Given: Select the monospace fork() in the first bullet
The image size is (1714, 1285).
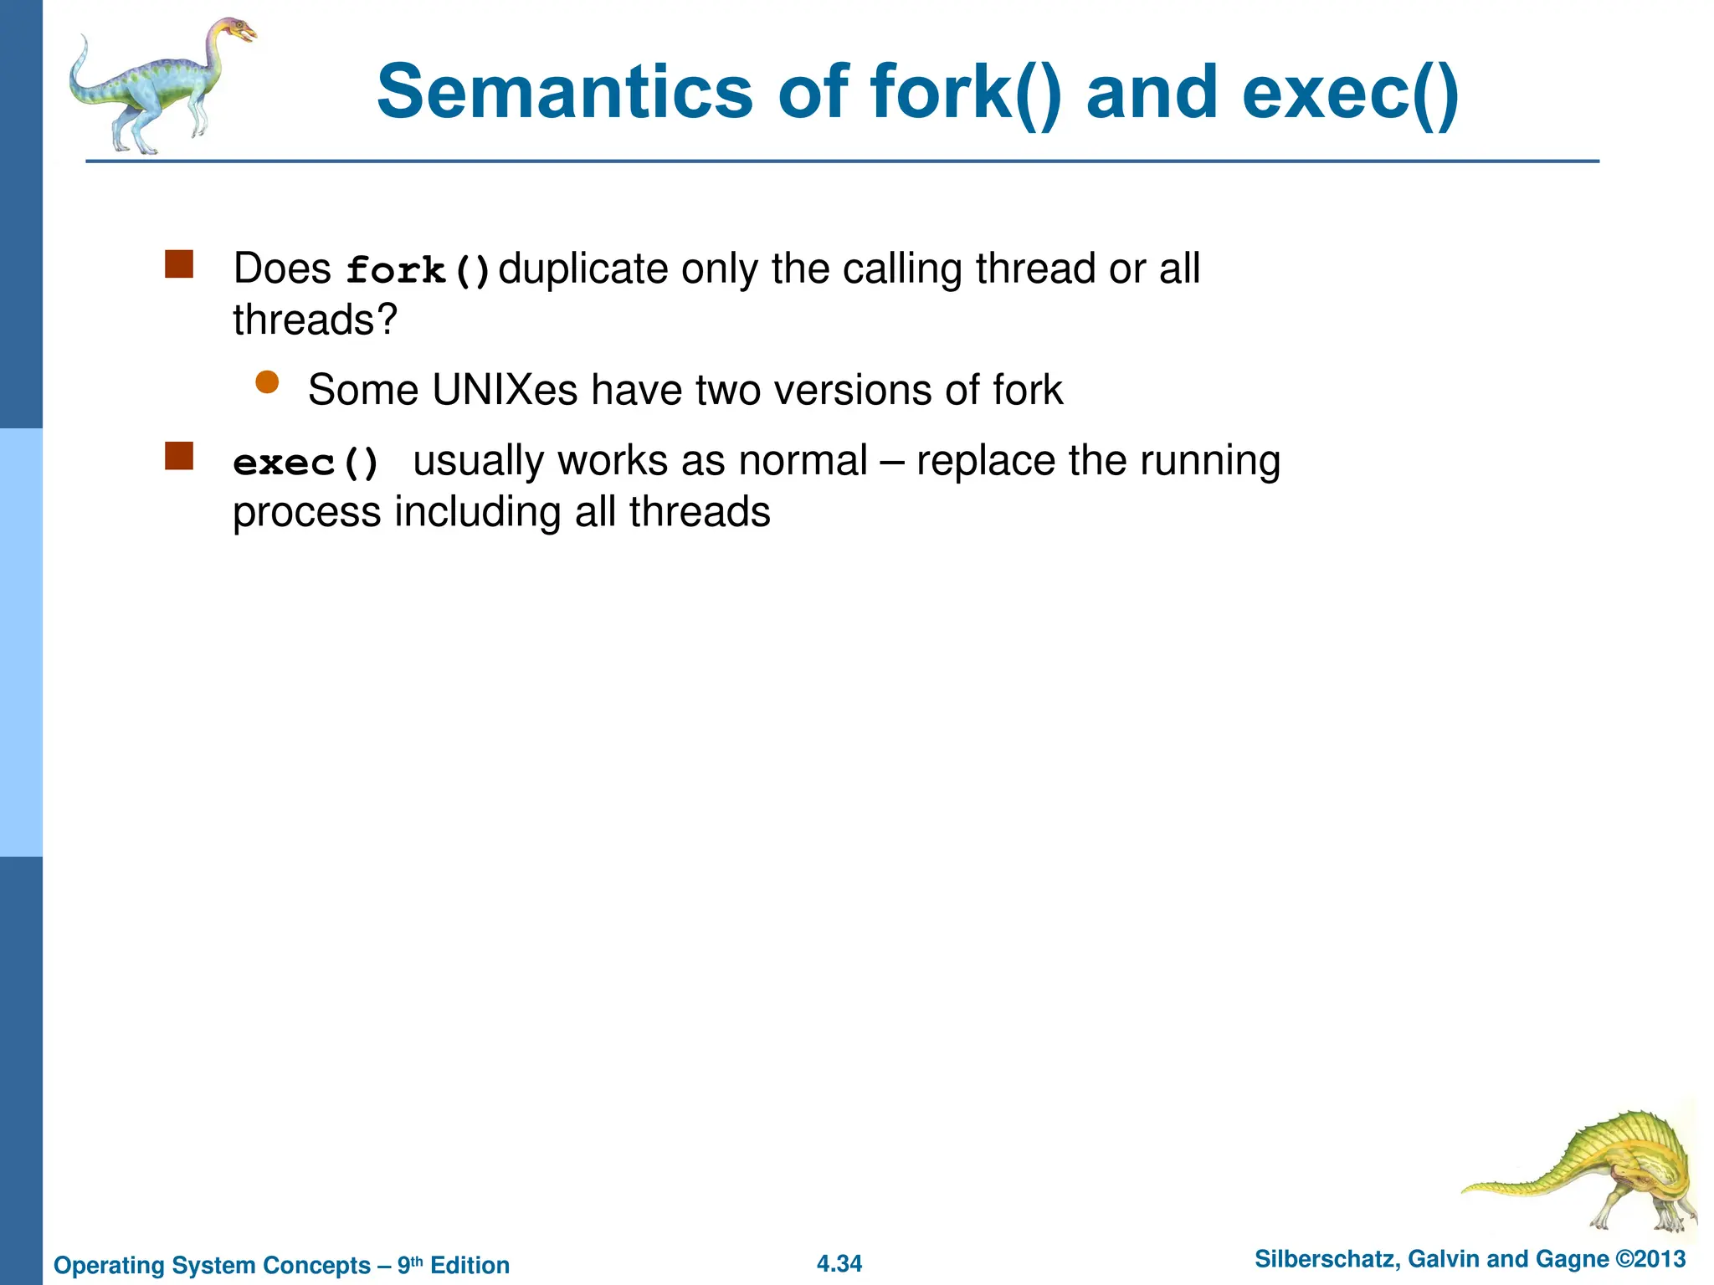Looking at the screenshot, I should coord(418,270).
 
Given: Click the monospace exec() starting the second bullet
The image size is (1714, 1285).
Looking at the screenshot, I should coord(306,463).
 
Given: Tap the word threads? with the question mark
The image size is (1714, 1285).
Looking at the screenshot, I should coord(315,320).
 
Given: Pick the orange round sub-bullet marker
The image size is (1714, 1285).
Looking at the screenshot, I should coord(267,382).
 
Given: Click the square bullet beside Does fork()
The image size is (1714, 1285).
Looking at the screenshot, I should coord(179,264).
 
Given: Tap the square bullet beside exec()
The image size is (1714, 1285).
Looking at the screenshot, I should coord(179,456).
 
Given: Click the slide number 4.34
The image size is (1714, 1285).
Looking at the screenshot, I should coord(839,1263).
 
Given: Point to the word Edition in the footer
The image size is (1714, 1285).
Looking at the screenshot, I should coord(470,1265).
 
